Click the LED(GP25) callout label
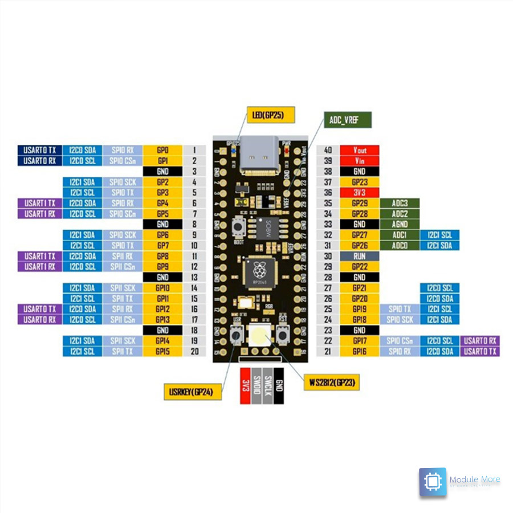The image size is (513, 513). click(x=271, y=115)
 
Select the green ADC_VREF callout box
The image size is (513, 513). click(x=348, y=120)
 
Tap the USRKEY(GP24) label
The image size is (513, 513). click(x=192, y=392)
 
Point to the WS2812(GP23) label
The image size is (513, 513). click(x=331, y=382)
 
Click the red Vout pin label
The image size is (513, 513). click(x=359, y=150)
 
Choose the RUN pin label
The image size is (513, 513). click(x=359, y=256)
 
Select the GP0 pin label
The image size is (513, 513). click(x=163, y=150)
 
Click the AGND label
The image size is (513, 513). click(x=400, y=225)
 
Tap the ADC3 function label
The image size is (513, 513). click(x=400, y=203)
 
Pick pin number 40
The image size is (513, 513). click(x=328, y=150)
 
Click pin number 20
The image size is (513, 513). click(x=194, y=351)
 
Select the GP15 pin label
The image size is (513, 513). click(x=163, y=351)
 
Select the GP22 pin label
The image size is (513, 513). click(x=359, y=267)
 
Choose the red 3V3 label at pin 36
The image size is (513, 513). click(x=359, y=193)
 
